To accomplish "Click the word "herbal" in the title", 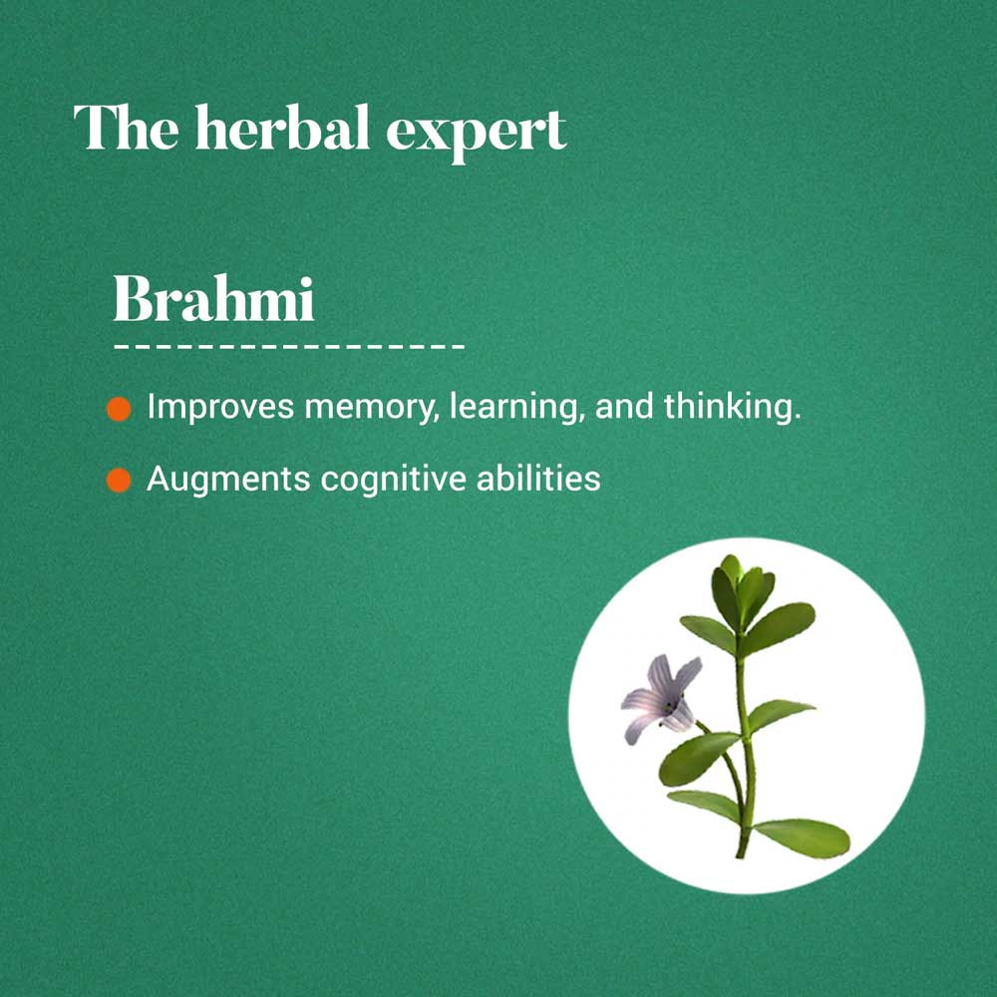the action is [x=282, y=128].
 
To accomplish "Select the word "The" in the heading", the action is [x=126, y=128].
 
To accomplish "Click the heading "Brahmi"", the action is [x=213, y=299].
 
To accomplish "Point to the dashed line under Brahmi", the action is [x=289, y=347].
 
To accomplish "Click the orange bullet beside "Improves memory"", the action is [x=119, y=409].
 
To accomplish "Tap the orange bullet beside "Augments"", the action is [x=119, y=481].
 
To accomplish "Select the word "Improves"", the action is [x=220, y=408].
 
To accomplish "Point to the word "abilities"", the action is [x=538, y=478].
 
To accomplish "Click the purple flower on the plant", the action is [x=663, y=698].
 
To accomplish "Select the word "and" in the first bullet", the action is [x=624, y=408].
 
